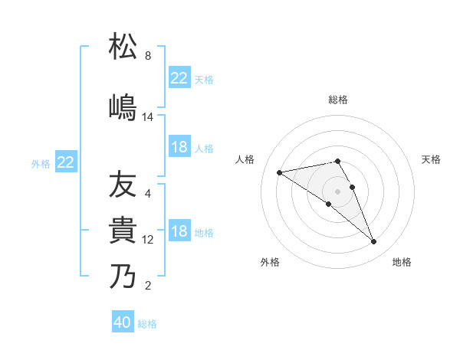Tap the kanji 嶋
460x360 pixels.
coord(123,106)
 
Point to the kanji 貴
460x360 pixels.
coord(123,230)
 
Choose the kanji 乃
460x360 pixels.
coord(123,276)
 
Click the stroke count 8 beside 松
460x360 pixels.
coord(148,56)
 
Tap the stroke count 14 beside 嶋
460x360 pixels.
coord(148,117)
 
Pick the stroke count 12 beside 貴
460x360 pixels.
coord(148,240)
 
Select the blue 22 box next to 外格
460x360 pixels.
coord(66,162)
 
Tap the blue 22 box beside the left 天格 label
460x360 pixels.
coord(179,78)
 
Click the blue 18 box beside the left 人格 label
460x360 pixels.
coord(179,147)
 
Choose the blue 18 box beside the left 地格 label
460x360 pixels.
coord(179,232)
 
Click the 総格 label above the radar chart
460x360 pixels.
coord(338,100)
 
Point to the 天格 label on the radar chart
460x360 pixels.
coord(431,159)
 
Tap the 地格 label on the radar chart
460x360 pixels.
coord(402,262)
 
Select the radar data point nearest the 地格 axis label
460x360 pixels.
coord(373,242)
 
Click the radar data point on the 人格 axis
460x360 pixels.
coord(280,172)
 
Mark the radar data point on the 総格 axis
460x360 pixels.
coord(337,161)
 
